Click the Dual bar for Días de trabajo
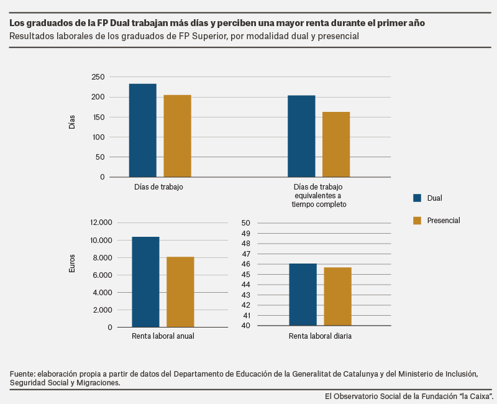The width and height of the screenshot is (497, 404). (x=143, y=131)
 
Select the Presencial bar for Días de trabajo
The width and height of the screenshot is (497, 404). (x=178, y=136)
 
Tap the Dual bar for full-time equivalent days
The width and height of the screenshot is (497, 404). (x=301, y=136)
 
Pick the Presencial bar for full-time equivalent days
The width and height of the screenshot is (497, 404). (x=336, y=144)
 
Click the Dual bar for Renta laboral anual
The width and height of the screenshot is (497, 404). (x=146, y=282)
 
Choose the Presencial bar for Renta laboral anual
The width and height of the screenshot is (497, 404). (x=180, y=292)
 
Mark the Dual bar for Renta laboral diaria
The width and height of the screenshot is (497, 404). (x=303, y=295)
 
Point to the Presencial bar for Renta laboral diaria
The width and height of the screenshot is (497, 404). (x=337, y=296)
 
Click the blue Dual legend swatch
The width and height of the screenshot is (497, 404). (x=417, y=198)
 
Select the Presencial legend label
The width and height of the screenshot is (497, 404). (x=444, y=221)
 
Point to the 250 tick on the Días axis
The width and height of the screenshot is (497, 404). (x=98, y=76)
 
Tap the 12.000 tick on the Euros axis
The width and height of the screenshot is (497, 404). (x=101, y=223)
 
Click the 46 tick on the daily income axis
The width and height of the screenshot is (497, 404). (x=246, y=264)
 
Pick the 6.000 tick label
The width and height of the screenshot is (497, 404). (x=103, y=275)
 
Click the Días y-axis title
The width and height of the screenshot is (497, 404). (x=72, y=122)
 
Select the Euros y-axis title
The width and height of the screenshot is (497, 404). (x=72, y=264)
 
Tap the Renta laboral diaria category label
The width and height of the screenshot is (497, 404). (x=320, y=336)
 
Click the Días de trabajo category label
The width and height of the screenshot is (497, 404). (x=158, y=187)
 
